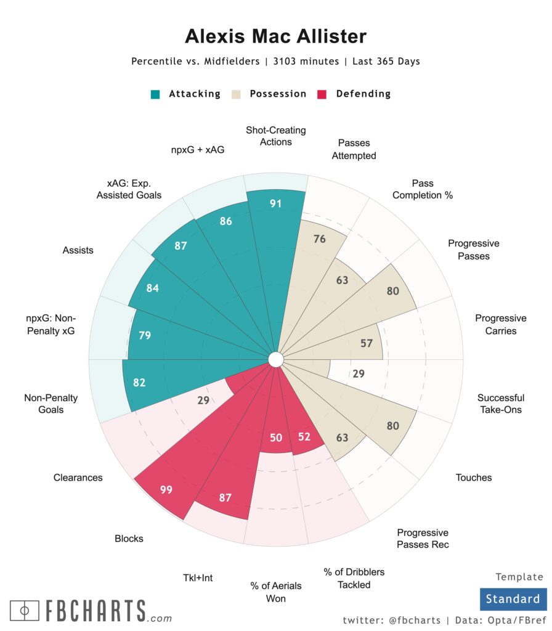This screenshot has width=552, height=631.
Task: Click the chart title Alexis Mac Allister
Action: [275, 36]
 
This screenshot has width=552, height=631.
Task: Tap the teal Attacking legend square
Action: [156, 94]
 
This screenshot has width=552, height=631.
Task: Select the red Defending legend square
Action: [322, 94]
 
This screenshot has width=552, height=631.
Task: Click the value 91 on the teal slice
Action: [275, 203]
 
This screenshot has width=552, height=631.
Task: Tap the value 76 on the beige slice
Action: [319, 239]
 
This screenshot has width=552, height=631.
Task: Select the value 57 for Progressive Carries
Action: [367, 343]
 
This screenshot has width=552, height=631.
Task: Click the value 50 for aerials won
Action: [275, 438]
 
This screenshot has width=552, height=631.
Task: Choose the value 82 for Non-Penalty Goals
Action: [139, 383]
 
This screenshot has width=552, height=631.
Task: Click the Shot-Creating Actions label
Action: [275, 136]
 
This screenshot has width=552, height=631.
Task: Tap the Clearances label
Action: [78, 478]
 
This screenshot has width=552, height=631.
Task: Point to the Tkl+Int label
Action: [198, 578]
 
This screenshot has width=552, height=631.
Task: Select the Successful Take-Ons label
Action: [500, 404]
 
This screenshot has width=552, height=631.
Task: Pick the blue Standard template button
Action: [513, 599]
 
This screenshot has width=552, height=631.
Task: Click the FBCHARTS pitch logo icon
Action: [25, 611]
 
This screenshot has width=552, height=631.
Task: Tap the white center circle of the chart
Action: [275, 359]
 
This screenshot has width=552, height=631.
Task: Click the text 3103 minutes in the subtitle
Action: [306, 62]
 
